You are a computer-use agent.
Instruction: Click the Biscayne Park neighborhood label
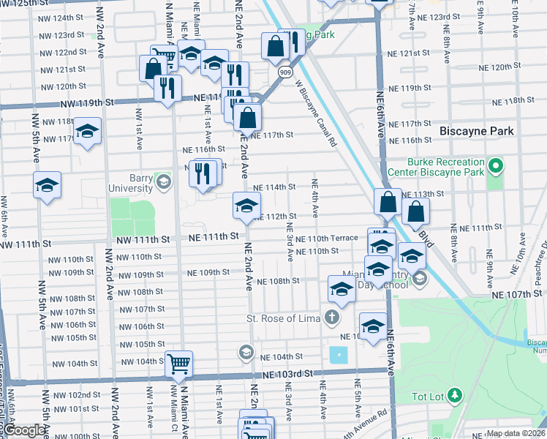pos(477,131)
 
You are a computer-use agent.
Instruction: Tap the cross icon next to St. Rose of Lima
pos(332,318)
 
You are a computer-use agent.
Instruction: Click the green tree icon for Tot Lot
pos(455,396)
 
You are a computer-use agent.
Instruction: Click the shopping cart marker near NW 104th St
pos(178,364)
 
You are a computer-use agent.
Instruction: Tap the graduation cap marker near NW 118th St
pos(87,132)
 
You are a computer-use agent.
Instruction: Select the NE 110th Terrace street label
pos(328,239)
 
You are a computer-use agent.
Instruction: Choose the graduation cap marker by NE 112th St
pos(246,205)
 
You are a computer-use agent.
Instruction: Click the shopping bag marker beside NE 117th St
pos(248,117)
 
